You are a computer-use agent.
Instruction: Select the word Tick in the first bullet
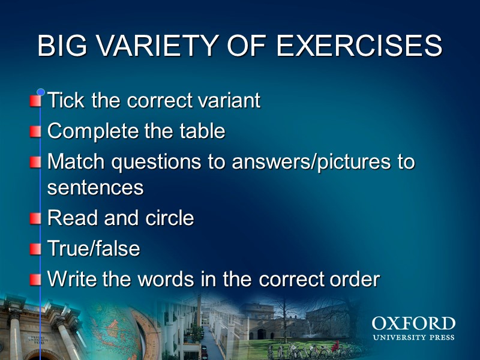(x=66, y=100)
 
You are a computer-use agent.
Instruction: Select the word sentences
(x=95, y=187)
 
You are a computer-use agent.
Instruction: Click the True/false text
(x=94, y=248)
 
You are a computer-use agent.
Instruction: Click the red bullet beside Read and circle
(x=36, y=218)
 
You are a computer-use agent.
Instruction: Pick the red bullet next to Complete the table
(x=36, y=131)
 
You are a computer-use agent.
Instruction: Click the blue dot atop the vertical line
(x=41, y=92)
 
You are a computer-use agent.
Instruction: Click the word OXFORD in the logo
(x=413, y=325)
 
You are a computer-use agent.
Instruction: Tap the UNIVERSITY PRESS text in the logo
(x=413, y=338)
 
